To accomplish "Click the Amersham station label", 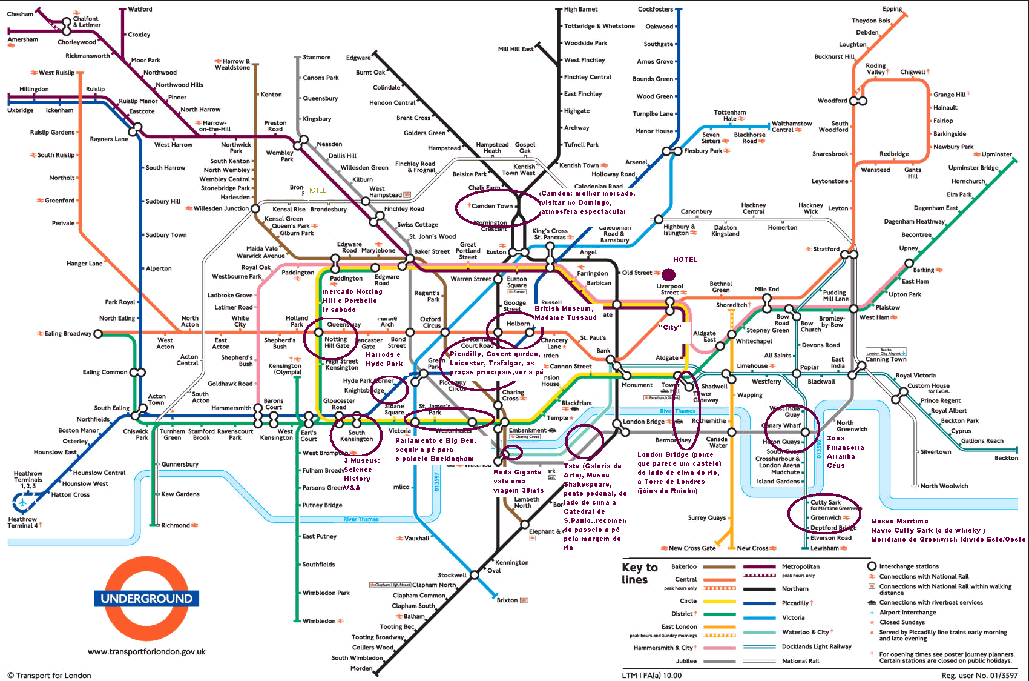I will click(22, 39).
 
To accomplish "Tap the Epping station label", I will click(892, 9).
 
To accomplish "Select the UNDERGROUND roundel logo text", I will click(146, 599).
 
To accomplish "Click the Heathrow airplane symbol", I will click(23, 502).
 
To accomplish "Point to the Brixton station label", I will click(507, 600).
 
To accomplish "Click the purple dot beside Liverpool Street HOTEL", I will click(668, 275).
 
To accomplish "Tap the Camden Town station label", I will click(491, 206).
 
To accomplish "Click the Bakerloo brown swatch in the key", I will click(718, 567).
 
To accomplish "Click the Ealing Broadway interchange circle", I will click(98, 334).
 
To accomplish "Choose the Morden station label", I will click(361, 668).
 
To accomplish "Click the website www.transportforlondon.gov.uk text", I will click(146, 652).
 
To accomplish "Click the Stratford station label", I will click(826, 249).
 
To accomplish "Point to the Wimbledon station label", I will click(318, 621).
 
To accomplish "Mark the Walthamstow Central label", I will click(791, 127).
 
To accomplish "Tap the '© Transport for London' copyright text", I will click(50, 676).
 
